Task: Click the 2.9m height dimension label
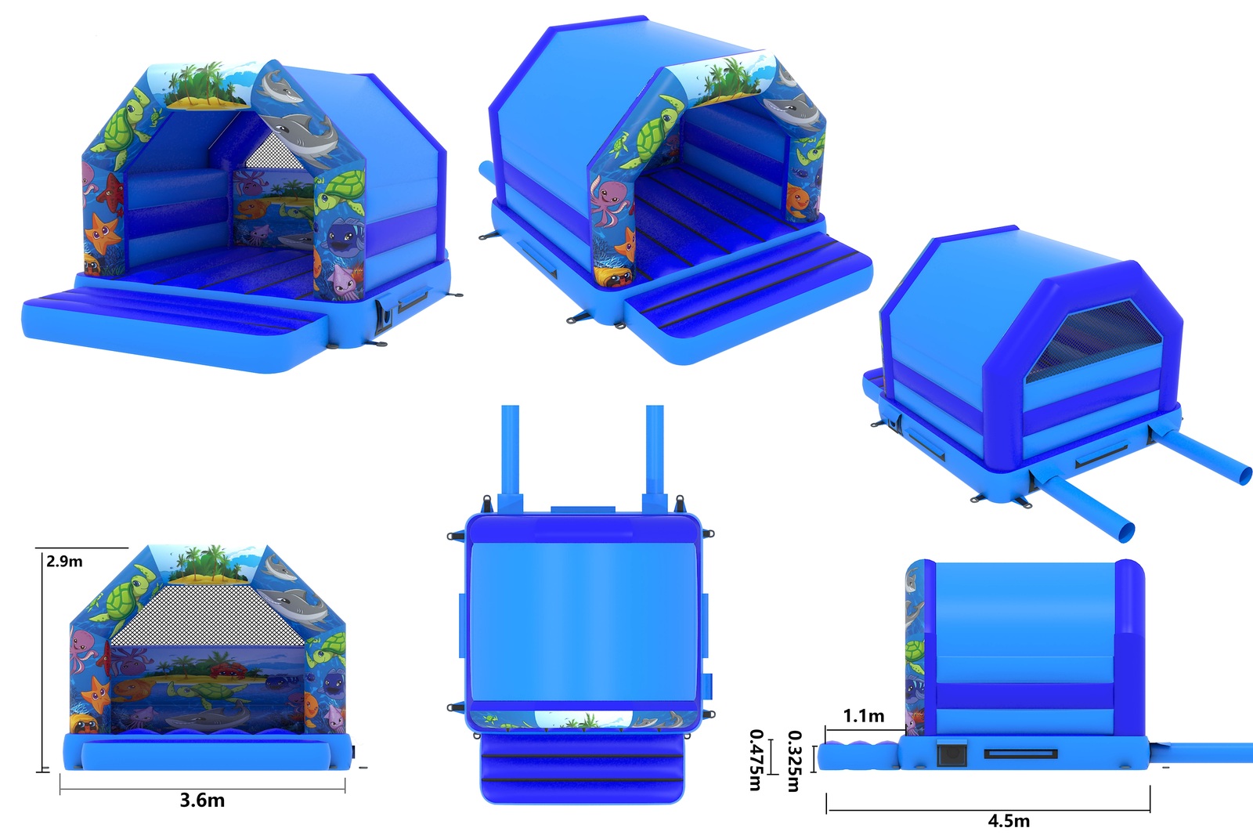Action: tap(64, 561)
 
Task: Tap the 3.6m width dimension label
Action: tap(203, 801)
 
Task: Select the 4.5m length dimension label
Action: tap(1009, 821)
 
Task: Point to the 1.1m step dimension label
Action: tap(864, 716)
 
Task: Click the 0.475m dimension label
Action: tap(756, 760)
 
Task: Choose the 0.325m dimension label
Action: tap(794, 761)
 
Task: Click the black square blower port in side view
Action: tap(952, 754)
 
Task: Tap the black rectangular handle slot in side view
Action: tap(1021, 754)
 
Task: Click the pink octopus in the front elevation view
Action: tap(84, 650)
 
